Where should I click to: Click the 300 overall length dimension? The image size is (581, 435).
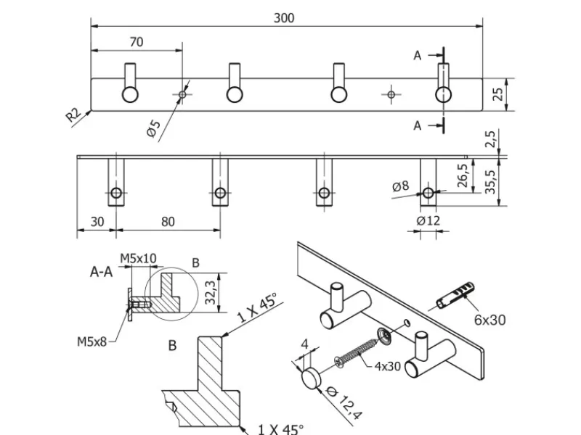coord(284,18)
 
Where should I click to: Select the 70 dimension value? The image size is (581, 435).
coord(136,42)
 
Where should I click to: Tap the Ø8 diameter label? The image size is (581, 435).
coord(401,187)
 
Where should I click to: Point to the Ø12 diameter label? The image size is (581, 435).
coord(429,220)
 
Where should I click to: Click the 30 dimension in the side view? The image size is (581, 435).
coord(97,222)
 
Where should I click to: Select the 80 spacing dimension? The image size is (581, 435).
coord(168,222)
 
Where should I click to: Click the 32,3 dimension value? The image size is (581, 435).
coord(211,292)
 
